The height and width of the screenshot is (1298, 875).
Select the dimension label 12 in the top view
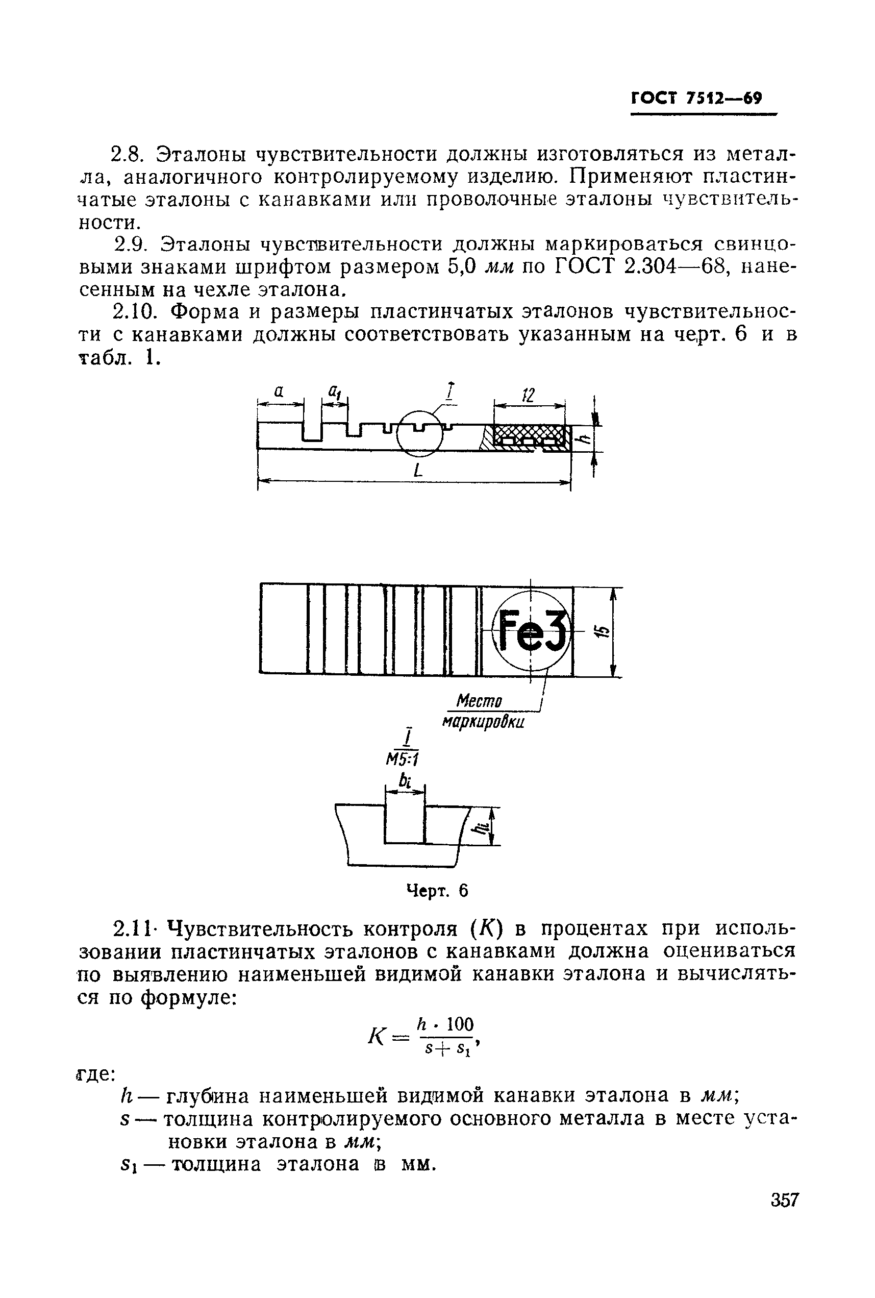tap(528, 395)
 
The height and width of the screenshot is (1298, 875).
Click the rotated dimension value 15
tap(602, 631)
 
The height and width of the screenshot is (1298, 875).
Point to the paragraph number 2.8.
tap(129, 153)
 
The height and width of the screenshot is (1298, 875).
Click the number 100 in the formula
tap(460, 1024)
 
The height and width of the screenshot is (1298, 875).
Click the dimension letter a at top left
tap(279, 391)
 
